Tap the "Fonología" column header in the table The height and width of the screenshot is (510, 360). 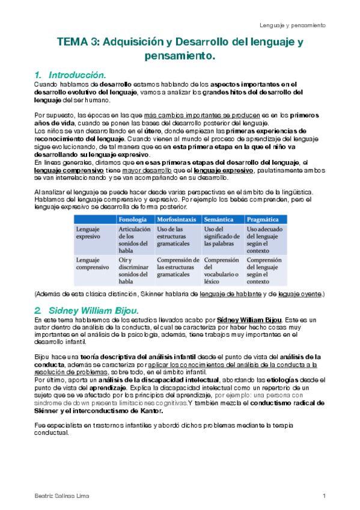(x=133, y=220)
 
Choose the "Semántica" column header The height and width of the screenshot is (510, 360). (x=219, y=220)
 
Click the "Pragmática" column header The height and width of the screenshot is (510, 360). (x=264, y=220)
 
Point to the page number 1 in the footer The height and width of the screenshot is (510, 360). (x=324, y=495)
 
